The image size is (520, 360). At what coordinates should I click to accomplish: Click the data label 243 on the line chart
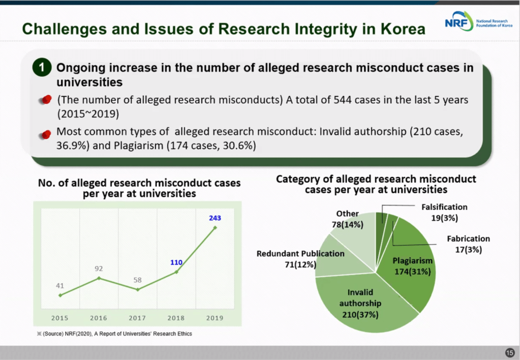coord(215,218)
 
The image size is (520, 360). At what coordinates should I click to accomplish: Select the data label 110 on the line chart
coord(176,263)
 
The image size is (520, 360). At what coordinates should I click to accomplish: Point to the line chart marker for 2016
coord(99,278)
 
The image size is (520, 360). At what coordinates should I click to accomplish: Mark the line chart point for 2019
coord(215,227)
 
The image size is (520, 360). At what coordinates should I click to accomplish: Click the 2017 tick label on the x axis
coord(137,318)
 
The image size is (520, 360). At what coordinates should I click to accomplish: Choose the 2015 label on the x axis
coord(60,318)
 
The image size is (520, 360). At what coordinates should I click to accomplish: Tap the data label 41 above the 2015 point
coord(60,286)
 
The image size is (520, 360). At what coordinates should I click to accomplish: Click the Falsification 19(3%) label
coord(444,213)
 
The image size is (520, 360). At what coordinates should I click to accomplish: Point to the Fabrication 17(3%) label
coord(468,244)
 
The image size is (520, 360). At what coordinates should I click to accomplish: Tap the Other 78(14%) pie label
coord(347,219)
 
